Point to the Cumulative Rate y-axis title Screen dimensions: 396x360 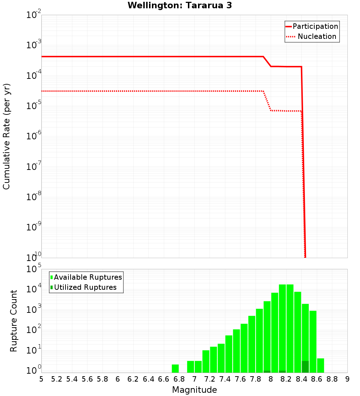pyautogui.click(x=6, y=136)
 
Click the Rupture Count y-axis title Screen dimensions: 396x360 pyautogui.click(x=14, y=321)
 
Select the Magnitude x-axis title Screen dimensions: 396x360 pyautogui.click(x=194, y=390)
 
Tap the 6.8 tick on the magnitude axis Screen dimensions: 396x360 pyautogui.click(x=179, y=379)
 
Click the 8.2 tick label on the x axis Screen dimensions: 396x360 pyautogui.click(x=286, y=379)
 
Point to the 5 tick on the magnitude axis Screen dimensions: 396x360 pyautogui.click(x=41, y=379)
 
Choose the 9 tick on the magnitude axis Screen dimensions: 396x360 pyautogui.click(x=347, y=379)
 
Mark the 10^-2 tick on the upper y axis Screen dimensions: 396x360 pyautogui.click(x=34, y=15)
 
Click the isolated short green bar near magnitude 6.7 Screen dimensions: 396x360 pyautogui.click(x=175, y=368)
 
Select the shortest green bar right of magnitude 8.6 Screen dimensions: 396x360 pyautogui.click(x=320, y=365)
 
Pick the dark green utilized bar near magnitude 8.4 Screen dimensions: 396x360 pyautogui.click(x=305, y=366)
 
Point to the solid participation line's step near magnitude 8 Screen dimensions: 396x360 pyautogui.click(x=267, y=62)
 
